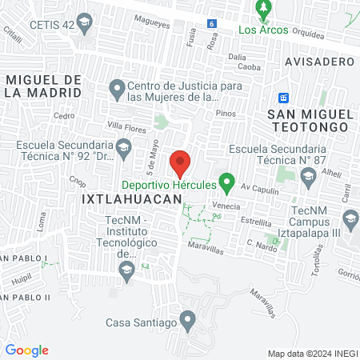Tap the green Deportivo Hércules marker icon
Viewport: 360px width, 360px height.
[x=226, y=184]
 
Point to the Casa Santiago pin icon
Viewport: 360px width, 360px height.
[x=188, y=323]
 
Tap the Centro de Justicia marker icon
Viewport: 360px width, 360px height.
[x=117, y=86]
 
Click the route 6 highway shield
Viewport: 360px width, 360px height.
[x=211, y=25]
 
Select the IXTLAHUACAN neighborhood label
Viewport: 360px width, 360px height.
[x=127, y=202]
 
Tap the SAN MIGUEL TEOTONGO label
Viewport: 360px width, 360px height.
[x=310, y=119]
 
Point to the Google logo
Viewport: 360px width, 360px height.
[x=26, y=350]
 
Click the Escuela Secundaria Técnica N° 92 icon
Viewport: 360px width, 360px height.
[x=123, y=146]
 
